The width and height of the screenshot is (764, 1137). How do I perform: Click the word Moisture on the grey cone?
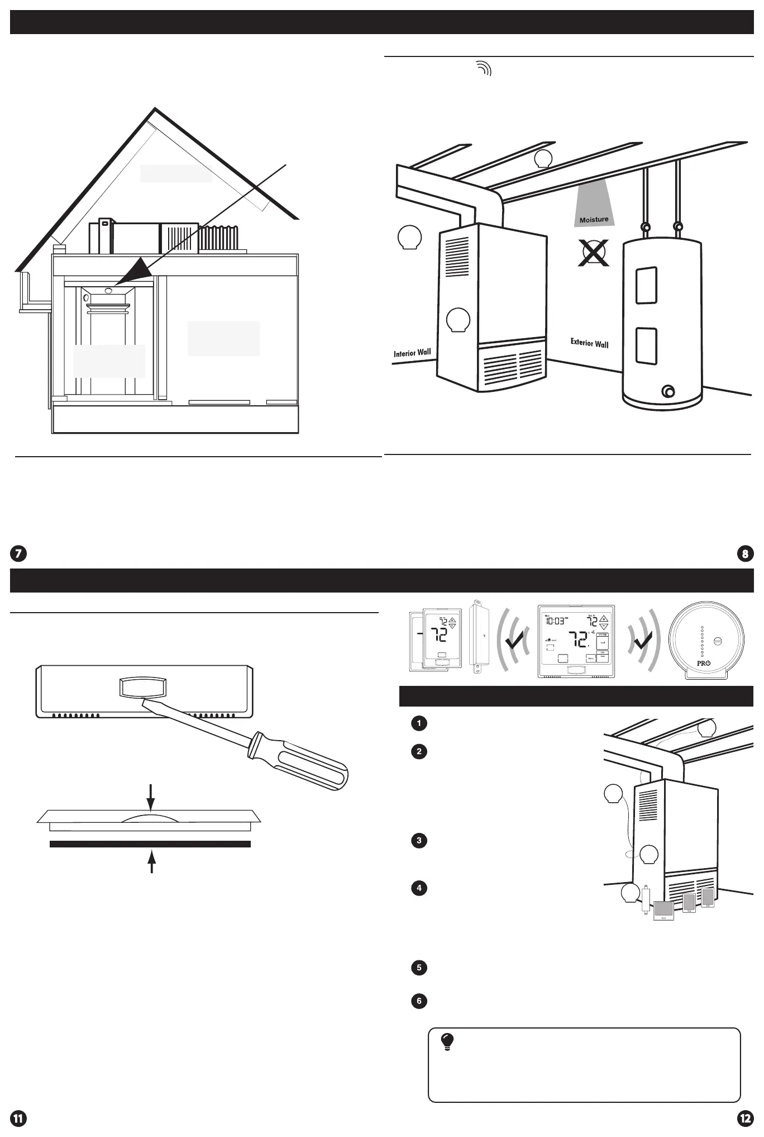[x=594, y=220]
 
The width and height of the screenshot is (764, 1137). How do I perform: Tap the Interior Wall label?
[x=412, y=353]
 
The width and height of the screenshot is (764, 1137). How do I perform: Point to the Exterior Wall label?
[x=589, y=343]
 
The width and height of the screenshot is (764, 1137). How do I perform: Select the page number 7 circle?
[x=18, y=554]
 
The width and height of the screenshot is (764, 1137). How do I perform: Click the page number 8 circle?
[x=745, y=554]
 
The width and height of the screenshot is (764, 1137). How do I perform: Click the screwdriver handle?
[x=302, y=762]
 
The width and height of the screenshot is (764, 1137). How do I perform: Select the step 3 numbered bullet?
[x=419, y=840]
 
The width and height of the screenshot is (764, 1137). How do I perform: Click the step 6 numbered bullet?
[x=419, y=1001]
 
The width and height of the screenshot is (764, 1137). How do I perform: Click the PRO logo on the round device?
[x=704, y=663]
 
